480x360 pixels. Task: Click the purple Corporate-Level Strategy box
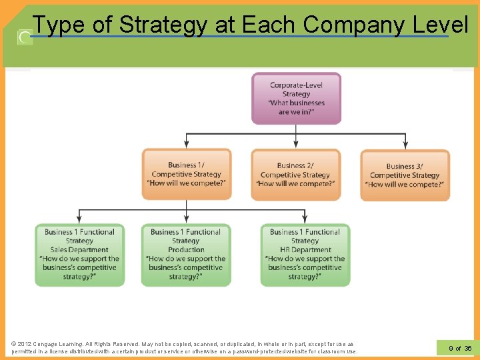pos(296,99)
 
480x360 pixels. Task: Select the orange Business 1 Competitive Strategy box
pos(187,174)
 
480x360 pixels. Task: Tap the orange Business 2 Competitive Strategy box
pos(295,174)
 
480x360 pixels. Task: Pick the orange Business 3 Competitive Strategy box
pos(405,175)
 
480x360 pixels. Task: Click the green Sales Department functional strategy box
pos(79,255)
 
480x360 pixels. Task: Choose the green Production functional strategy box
pos(185,255)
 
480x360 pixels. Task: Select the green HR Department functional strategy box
pos(305,255)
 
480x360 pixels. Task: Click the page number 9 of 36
pos(460,348)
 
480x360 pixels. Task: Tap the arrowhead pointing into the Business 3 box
pos(405,145)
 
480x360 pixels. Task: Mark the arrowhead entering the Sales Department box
pos(79,220)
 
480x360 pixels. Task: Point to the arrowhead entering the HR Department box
pos(305,220)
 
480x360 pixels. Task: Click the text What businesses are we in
pos(296,107)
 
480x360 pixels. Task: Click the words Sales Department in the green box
pos(79,250)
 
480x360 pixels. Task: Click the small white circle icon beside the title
pos(25,37)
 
